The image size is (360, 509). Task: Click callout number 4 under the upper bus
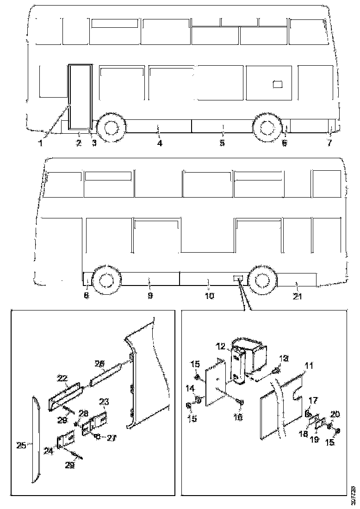click(x=159, y=143)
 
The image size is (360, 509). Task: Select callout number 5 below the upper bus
click(x=222, y=143)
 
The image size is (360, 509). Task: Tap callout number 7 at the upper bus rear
click(x=329, y=143)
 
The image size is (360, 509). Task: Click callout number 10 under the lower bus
click(x=209, y=295)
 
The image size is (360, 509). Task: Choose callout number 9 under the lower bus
click(x=150, y=295)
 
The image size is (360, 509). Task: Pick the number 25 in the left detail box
click(x=20, y=446)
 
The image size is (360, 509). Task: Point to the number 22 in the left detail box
click(x=61, y=378)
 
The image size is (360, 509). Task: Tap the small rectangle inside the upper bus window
click(x=277, y=84)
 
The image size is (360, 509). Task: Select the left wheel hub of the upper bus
click(x=110, y=127)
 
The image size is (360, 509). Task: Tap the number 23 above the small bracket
click(x=104, y=402)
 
